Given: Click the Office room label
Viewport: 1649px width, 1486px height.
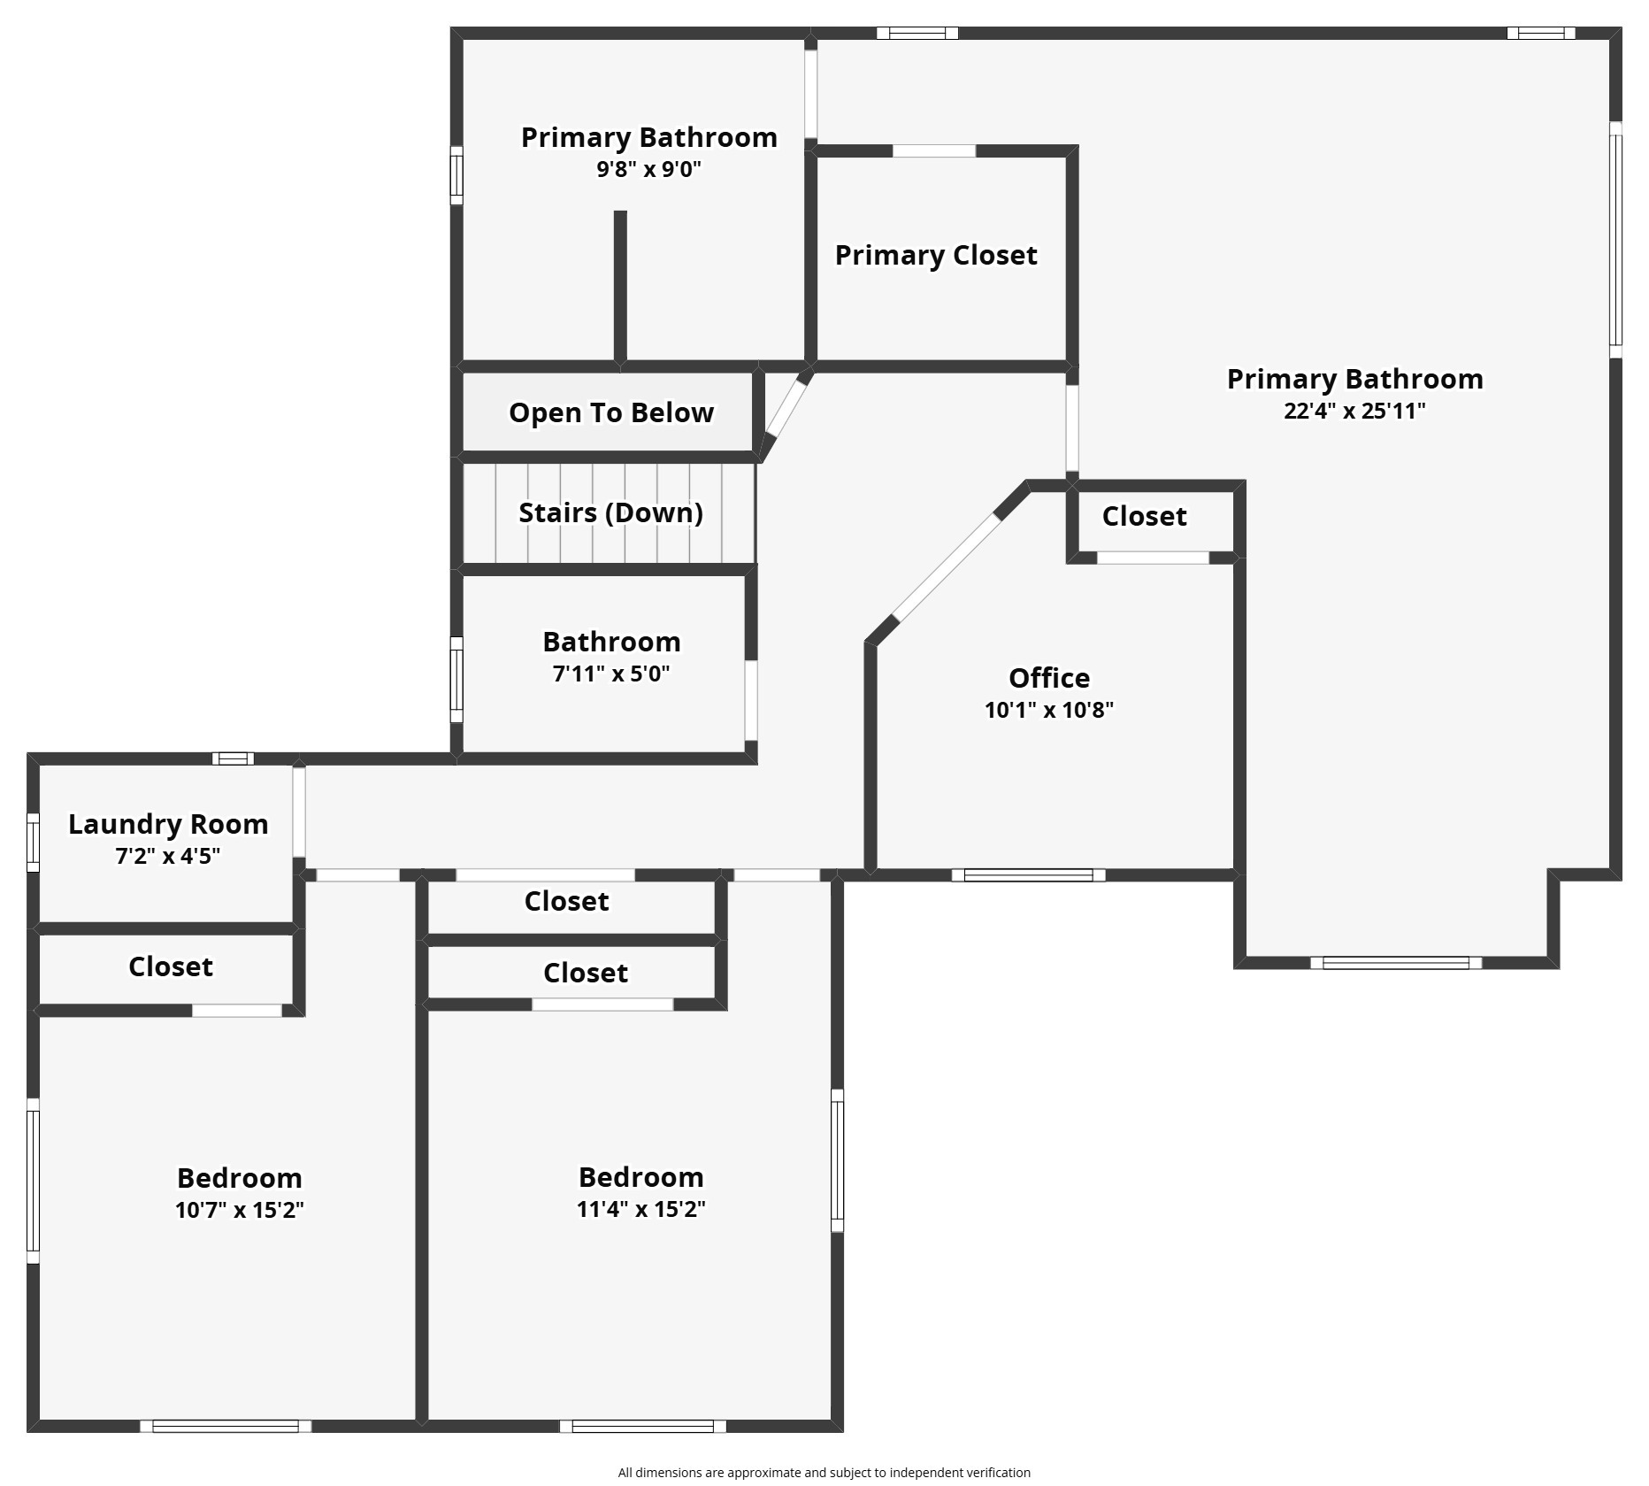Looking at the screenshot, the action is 1049,678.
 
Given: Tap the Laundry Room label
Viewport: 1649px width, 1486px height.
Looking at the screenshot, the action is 168,824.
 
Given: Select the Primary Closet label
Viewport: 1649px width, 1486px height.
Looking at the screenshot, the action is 936,255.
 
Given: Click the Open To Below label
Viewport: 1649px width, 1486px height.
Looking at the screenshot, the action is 611,412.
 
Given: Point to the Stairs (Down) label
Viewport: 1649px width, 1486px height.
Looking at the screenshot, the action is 610,512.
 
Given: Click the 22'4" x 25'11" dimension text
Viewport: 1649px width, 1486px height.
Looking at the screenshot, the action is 1354,411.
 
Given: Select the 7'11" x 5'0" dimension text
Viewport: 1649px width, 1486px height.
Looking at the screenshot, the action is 611,674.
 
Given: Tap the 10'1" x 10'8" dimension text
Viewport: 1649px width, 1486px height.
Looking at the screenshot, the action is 1049,710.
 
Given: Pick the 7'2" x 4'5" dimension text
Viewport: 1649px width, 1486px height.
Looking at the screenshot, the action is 168,856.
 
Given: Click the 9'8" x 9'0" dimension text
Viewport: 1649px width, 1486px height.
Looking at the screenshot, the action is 648,169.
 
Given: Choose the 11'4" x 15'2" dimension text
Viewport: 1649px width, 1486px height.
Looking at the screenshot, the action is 641,1209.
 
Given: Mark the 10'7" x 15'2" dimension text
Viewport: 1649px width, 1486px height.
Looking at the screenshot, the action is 240,1210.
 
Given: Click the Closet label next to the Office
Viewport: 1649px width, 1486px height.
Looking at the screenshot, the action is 1144,516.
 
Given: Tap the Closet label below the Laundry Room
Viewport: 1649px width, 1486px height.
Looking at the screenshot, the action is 171,966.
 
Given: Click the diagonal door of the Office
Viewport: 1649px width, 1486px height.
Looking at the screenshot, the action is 946,566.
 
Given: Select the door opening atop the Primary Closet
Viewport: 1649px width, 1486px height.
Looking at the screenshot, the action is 934,151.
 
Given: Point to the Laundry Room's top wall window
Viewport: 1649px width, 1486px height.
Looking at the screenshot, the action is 233,758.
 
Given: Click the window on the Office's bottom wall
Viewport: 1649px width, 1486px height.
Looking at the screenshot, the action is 1029,875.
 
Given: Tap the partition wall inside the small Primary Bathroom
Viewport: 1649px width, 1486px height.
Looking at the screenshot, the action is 620,286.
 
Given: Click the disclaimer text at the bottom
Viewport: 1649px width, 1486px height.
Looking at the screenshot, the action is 824,1473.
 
